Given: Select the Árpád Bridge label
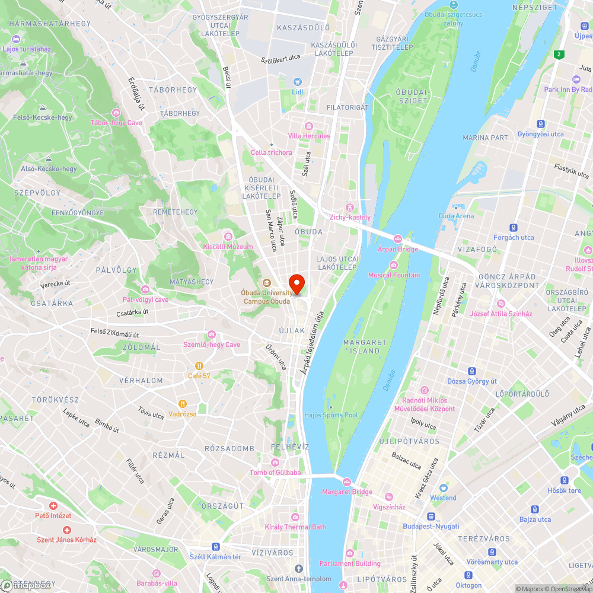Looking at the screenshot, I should click(398, 249).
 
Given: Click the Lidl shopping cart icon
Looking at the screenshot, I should click(298, 82).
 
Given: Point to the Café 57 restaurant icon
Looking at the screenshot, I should click(199, 366).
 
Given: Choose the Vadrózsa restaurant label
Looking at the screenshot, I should click(182, 413).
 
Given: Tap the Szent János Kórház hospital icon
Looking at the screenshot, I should click(66, 530).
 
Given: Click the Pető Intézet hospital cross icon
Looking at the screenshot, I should click(53, 506).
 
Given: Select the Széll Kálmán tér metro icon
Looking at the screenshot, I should click(216, 547).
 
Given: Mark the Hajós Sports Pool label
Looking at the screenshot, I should click(330, 415).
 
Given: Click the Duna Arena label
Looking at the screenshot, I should click(456, 216).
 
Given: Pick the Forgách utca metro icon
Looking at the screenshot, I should click(514, 227).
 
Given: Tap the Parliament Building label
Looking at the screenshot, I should click(350, 563).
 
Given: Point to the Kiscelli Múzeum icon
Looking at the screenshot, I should click(228, 237).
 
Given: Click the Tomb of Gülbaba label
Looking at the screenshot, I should click(275, 473).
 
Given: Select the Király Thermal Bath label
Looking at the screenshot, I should click(295, 527).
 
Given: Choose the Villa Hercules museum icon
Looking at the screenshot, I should click(308, 126).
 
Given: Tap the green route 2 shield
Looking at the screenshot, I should click(558, 55).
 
